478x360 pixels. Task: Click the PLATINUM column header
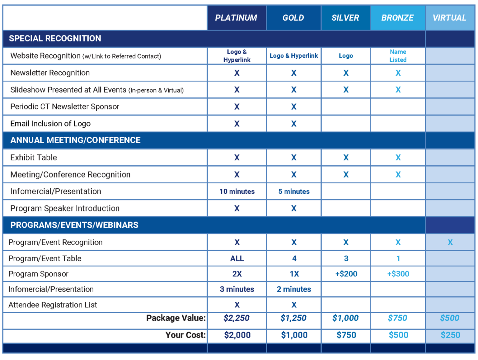[x=236, y=18]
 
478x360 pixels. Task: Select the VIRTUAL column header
[x=449, y=18]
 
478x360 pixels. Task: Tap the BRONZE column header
[x=397, y=18]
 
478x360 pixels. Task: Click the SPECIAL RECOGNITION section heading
[x=55, y=38]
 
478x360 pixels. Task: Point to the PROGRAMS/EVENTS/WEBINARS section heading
[x=74, y=225]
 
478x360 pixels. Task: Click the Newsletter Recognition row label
[x=50, y=73]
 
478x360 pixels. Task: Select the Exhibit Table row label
[x=34, y=157]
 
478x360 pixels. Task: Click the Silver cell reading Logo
[x=346, y=56]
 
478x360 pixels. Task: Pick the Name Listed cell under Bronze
[x=398, y=56]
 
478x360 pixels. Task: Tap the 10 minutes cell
[x=237, y=191]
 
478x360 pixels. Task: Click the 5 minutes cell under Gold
[x=294, y=191]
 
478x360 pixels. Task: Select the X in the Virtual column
[x=450, y=242]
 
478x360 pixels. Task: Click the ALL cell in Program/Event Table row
[x=237, y=258]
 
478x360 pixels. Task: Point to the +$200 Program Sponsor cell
[x=346, y=274]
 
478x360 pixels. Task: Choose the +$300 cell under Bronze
[x=398, y=274]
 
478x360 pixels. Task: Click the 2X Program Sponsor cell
[x=237, y=274]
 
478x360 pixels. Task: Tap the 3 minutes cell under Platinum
[x=237, y=289]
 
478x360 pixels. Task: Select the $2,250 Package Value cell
[x=237, y=318]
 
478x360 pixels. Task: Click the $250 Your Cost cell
[x=450, y=335]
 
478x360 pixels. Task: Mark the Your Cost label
[x=185, y=335]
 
